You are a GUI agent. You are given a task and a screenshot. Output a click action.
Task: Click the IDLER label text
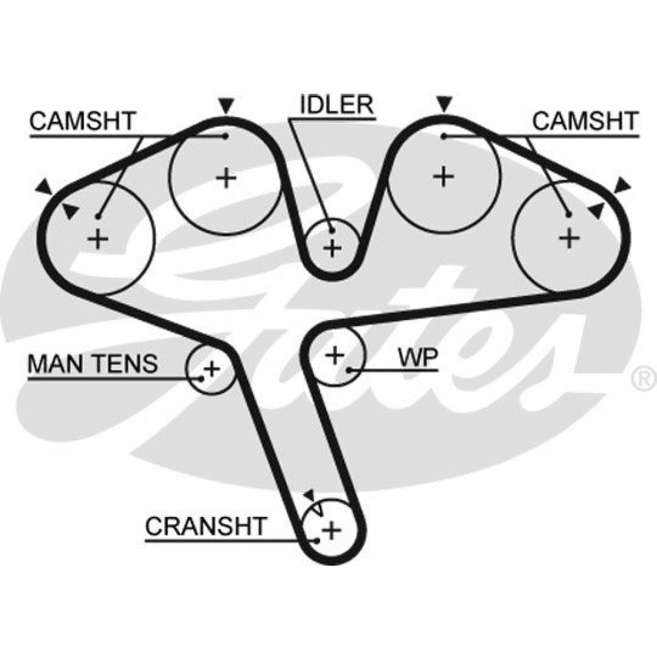point(336,105)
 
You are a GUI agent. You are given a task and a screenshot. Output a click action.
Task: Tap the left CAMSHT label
point(82,121)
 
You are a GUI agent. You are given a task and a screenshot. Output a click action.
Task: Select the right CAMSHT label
point(584,121)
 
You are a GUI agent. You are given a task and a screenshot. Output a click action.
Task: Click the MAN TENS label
point(92,363)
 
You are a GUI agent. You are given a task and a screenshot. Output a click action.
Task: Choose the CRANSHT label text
point(206,526)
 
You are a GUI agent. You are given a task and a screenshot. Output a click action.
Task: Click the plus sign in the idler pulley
point(333,248)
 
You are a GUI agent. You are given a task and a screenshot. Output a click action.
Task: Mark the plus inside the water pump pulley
point(335,355)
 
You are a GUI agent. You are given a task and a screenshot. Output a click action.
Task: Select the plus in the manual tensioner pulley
point(212,369)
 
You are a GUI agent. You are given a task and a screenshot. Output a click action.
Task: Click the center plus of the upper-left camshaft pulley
point(225,178)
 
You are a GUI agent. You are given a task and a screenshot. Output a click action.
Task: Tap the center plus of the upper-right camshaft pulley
point(444,176)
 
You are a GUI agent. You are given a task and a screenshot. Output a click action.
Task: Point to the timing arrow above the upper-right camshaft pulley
point(444,103)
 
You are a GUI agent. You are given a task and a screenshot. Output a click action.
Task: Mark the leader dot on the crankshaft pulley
point(318,540)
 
